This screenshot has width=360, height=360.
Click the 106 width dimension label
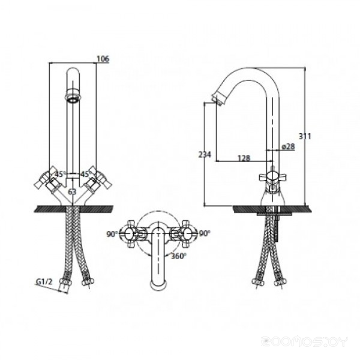(103, 59)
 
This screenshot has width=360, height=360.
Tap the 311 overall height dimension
(305, 136)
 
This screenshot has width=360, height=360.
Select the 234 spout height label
(205, 155)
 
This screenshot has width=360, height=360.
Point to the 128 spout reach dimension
(244, 158)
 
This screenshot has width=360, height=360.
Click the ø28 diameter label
(287, 146)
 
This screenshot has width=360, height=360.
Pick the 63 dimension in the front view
(72, 191)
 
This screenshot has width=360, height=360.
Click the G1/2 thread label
(44, 281)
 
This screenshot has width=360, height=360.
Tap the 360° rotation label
(179, 256)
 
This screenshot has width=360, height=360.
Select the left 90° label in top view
(112, 234)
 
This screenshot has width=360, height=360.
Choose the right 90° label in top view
(205, 233)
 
